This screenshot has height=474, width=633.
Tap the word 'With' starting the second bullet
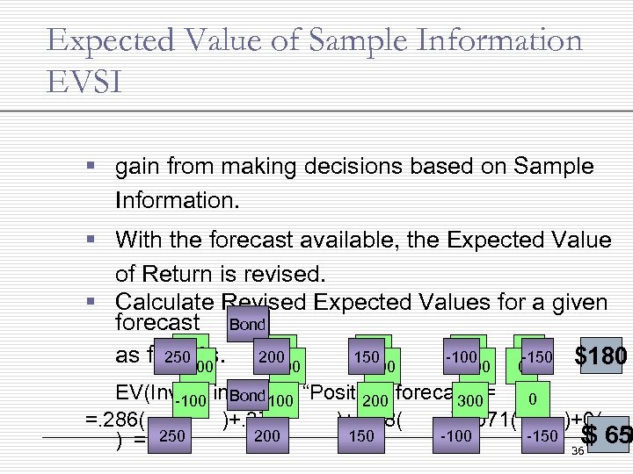click(x=139, y=241)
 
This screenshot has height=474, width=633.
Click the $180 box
click(x=599, y=355)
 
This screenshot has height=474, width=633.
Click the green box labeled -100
click(x=190, y=401)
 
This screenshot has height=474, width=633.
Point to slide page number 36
click(x=577, y=452)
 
